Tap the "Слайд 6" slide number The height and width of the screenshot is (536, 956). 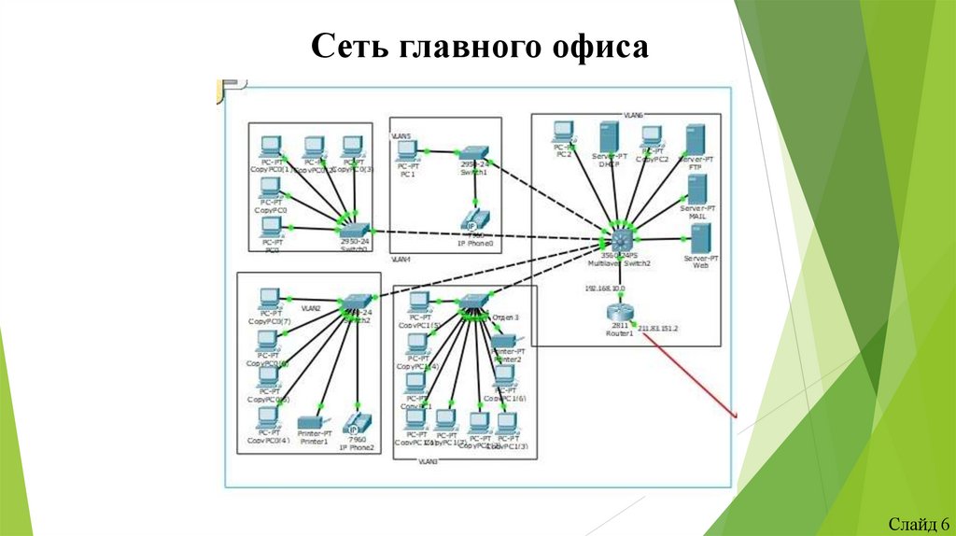click(919, 522)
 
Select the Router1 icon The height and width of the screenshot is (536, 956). click(618, 311)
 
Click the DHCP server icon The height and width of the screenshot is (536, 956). click(609, 139)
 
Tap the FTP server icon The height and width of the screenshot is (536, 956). click(694, 140)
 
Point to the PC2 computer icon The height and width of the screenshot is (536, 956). click(562, 132)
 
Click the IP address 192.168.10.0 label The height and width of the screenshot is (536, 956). click(605, 289)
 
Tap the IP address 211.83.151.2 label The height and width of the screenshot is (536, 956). click(657, 329)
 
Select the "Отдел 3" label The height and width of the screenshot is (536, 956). click(504, 317)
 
